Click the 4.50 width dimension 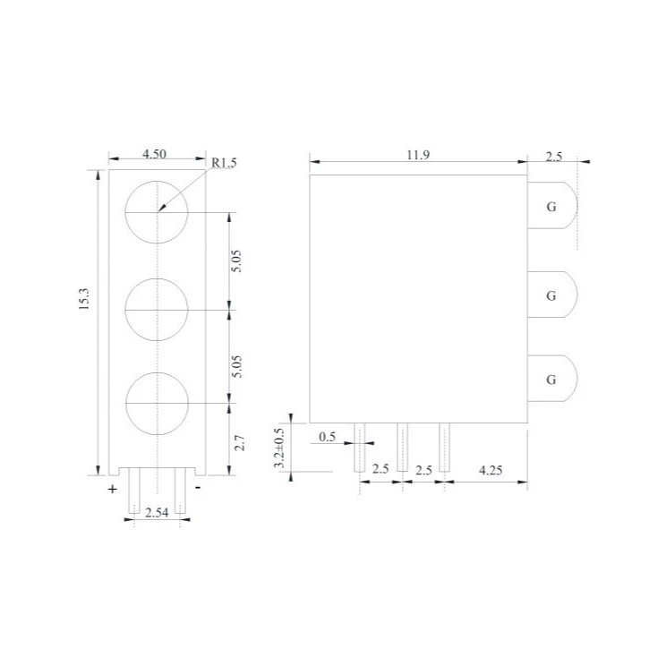click(154, 154)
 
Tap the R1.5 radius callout click(224, 163)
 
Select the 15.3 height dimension click(84, 299)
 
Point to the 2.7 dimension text click(240, 442)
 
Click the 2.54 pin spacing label click(157, 513)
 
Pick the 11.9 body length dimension click(418, 155)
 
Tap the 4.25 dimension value click(491, 470)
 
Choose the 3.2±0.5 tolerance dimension click(278, 448)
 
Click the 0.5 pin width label click(327, 437)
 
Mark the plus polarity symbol click(112, 490)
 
